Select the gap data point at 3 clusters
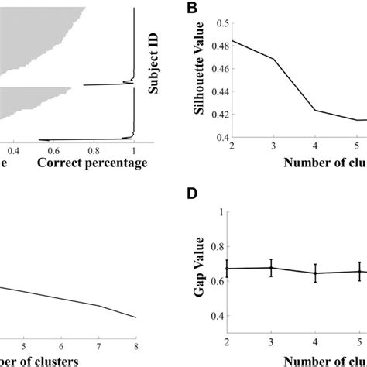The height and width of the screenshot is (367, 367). tap(269, 268)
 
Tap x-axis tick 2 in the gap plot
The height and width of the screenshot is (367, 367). tap(225, 342)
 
